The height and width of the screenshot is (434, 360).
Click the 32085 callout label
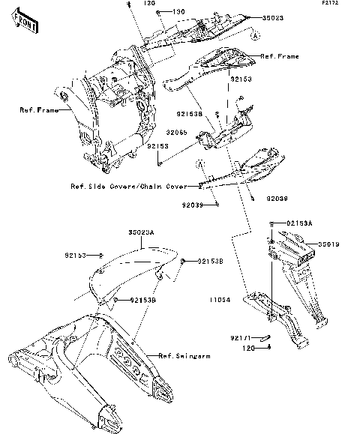[x=177, y=132]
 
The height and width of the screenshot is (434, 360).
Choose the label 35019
[x=328, y=244]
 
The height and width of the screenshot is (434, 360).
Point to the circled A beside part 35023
[x=255, y=35]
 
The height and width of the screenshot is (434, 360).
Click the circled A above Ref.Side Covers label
[x=200, y=164]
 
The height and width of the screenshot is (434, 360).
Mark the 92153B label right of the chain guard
[x=211, y=262]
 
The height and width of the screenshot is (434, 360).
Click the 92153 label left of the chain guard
[x=74, y=255]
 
